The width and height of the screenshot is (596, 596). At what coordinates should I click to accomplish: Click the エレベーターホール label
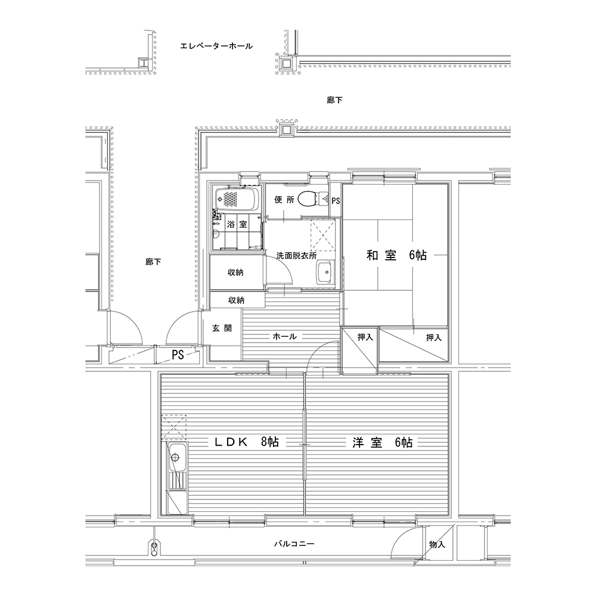point(216,46)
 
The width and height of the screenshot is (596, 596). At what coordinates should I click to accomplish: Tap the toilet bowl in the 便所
point(308,198)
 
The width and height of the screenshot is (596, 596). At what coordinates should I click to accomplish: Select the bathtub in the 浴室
point(237,199)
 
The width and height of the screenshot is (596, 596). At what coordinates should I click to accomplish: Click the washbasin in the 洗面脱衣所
point(325,272)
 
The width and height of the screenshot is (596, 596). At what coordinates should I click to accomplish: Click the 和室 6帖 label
point(396,255)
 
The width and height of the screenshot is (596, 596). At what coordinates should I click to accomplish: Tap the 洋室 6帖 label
point(382,442)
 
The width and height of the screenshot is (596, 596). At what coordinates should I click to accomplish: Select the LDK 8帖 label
point(247,442)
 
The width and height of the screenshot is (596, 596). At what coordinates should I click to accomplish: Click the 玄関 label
point(222,328)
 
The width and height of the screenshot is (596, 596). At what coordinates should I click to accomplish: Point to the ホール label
point(285,336)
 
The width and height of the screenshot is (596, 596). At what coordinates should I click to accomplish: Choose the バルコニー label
point(294,544)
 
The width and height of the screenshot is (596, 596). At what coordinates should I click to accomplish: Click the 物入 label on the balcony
point(437,544)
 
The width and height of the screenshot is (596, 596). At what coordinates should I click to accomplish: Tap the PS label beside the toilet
point(336,201)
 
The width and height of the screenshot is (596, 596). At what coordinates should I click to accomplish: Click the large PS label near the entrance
point(178,355)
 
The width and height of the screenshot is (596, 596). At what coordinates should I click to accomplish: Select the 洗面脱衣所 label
point(296,256)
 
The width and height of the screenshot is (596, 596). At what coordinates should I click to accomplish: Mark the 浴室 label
point(237,224)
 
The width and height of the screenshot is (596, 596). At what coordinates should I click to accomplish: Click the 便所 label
point(284,199)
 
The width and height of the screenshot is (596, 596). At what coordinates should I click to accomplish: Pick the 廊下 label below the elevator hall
point(334,100)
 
